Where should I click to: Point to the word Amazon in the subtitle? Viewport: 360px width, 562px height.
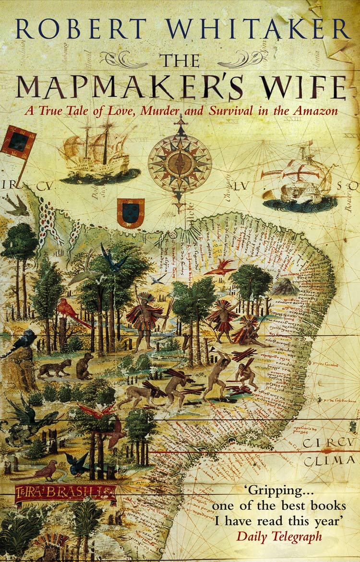coord(319,110)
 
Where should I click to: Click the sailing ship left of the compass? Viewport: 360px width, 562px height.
coord(98,154)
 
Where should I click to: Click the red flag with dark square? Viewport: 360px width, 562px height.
coord(18,143)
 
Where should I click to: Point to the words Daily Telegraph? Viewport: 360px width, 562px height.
coord(279,536)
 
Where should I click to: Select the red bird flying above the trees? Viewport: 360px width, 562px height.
coord(219,267)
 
